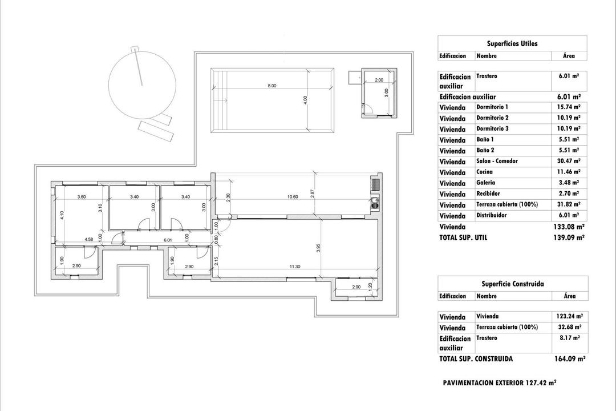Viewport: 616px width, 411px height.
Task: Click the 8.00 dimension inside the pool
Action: coord(271,86)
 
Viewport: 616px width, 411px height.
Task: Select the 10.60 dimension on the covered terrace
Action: coord(293,197)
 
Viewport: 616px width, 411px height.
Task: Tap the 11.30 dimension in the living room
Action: coord(294,266)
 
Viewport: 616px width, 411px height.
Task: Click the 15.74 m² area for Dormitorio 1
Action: coord(569,107)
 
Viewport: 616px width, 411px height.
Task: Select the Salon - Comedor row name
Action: coord(497,162)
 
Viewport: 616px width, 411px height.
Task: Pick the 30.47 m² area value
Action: coord(569,162)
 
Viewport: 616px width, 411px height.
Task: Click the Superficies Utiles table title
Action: coord(512,43)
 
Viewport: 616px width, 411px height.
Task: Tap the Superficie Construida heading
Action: coord(512,284)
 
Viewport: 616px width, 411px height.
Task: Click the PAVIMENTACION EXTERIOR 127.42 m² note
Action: coord(500,383)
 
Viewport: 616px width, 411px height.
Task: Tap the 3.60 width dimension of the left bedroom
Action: coord(82,197)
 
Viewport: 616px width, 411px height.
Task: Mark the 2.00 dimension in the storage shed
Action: coord(379,80)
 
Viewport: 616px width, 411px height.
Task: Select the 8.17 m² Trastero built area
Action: coord(569,338)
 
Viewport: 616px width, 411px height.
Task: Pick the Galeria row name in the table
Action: coord(485,183)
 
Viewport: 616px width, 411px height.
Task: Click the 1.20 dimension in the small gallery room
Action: coord(370,285)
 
